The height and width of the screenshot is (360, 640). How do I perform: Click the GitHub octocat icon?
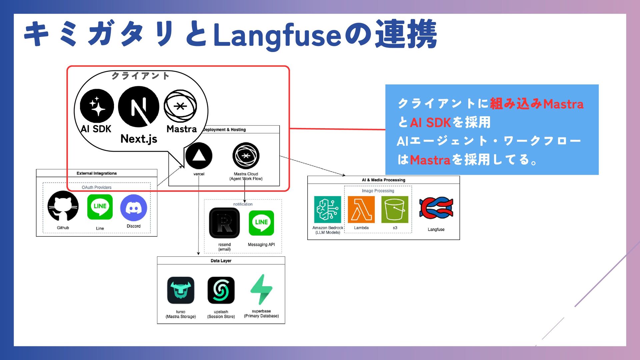pyautogui.click(x=63, y=206)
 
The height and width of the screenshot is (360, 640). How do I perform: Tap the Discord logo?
pyautogui.click(x=133, y=208)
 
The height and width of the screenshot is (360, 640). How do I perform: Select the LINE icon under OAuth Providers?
pyautogui.click(x=100, y=207)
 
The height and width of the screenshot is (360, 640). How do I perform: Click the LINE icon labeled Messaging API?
pyautogui.click(x=261, y=223)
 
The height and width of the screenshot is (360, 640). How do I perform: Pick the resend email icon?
pyautogui.click(x=224, y=223)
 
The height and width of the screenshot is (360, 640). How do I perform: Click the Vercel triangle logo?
pyautogui.click(x=199, y=156)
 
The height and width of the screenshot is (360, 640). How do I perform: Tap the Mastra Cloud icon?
pyautogui.click(x=246, y=156)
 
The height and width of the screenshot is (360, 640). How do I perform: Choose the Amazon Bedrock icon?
pyautogui.click(x=327, y=209)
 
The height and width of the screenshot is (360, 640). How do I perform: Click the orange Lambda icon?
pyautogui.click(x=361, y=209)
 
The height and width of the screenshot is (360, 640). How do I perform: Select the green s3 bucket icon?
pyautogui.click(x=395, y=209)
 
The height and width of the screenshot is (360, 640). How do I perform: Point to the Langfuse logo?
pyautogui.click(x=436, y=208)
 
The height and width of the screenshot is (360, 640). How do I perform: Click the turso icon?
pyautogui.click(x=181, y=290)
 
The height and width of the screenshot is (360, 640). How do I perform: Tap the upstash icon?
pyautogui.click(x=221, y=290)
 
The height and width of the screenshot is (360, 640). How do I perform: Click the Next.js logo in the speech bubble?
pyautogui.click(x=139, y=107)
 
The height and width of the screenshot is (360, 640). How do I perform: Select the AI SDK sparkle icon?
pyautogui.click(x=97, y=106)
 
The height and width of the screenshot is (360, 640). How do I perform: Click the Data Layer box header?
pyautogui.click(x=221, y=261)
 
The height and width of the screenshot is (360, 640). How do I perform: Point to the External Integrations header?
pyautogui.click(x=97, y=173)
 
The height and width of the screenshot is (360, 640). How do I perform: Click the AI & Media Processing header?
pyautogui.click(x=383, y=180)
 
